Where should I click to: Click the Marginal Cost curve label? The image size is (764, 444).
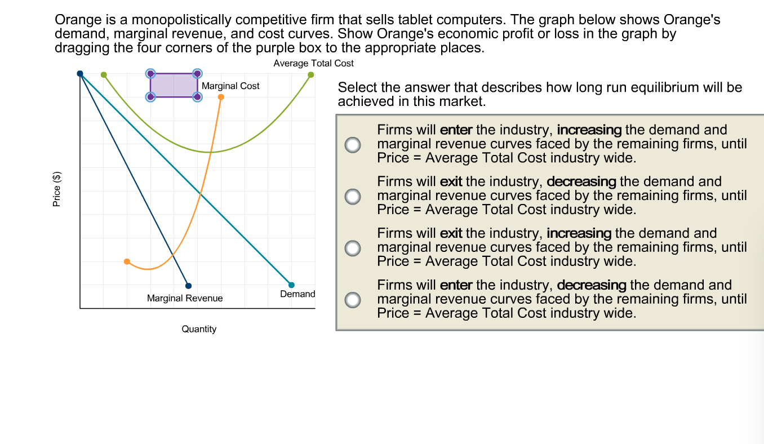(x=230, y=86)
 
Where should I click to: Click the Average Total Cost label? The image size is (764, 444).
(x=313, y=64)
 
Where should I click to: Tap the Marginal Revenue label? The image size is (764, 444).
(x=185, y=298)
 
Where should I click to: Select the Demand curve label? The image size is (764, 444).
(x=297, y=294)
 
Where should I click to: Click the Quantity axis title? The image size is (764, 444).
(x=199, y=329)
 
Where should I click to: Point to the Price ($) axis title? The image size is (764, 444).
(x=56, y=189)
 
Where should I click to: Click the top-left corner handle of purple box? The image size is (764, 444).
(x=150, y=73)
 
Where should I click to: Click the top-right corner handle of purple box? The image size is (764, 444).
(x=197, y=73)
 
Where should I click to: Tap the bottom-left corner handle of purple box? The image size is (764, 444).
(x=150, y=97)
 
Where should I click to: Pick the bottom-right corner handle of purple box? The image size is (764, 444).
(x=197, y=97)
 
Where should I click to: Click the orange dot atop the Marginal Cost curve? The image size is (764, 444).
(x=221, y=97)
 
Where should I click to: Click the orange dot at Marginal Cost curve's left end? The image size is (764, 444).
(x=127, y=261)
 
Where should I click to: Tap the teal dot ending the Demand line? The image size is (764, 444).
(x=291, y=285)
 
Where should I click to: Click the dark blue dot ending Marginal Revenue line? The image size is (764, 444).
(x=188, y=286)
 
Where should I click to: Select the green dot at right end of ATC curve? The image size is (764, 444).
(x=311, y=74)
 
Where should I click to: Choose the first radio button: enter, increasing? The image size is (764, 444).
(x=353, y=144)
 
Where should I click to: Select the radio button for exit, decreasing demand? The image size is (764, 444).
(x=353, y=196)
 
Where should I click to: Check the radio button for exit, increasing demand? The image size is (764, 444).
(x=353, y=248)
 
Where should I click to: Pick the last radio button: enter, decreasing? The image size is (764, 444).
(x=353, y=300)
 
